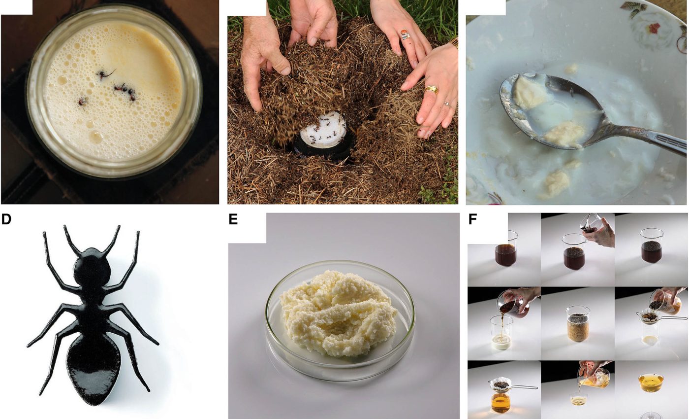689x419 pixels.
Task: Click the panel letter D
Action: point(6,219)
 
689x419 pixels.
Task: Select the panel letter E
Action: point(233,219)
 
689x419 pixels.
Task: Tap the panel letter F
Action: point(472,219)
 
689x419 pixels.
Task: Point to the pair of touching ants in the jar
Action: point(125,91)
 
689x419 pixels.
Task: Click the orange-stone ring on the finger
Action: point(405,35)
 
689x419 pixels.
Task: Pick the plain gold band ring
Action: point(431,90)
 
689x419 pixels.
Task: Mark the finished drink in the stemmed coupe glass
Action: point(651,382)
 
